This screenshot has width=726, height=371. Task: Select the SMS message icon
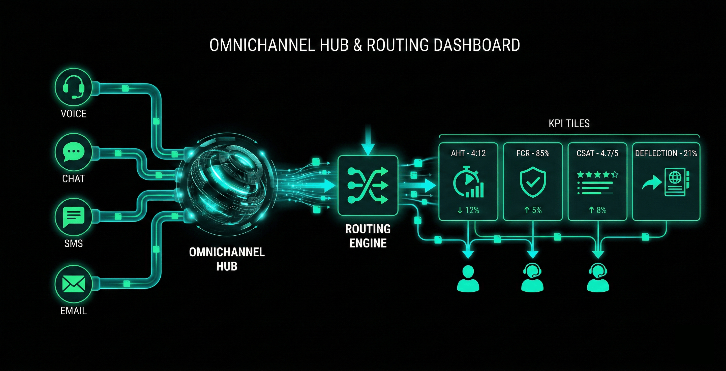point(74,217)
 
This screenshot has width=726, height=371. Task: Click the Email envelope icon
point(74,285)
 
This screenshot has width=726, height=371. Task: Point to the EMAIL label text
point(74,311)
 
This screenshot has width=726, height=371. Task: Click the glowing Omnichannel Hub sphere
point(227,186)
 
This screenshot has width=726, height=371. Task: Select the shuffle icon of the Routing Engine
point(368,185)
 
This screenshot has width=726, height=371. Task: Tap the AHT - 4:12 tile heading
point(468,153)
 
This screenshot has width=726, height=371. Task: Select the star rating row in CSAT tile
point(597,175)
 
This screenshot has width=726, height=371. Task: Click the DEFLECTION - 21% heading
point(666,153)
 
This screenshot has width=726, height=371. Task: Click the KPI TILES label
point(569,123)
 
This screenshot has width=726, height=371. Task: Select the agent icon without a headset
point(468,279)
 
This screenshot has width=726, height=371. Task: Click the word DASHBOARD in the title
point(476,45)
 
